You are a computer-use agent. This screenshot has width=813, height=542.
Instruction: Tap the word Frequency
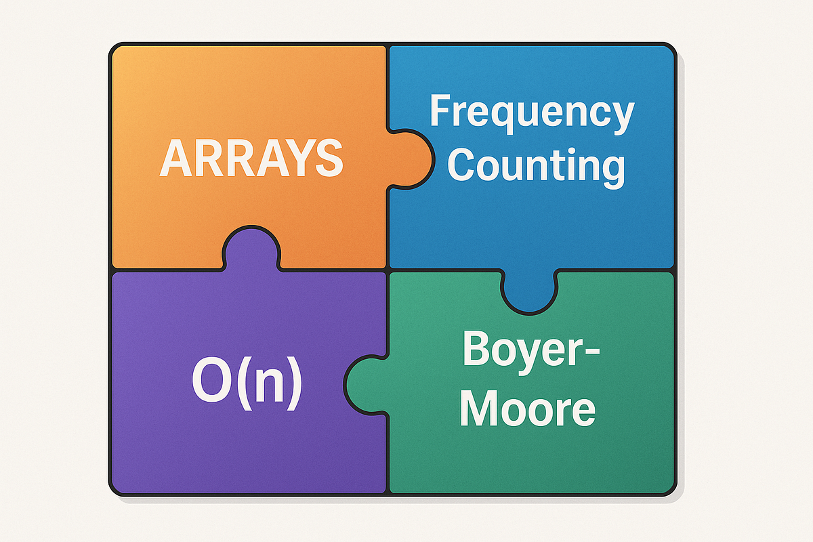(x=532, y=114)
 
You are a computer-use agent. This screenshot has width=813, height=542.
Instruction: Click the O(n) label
(x=247, y=384)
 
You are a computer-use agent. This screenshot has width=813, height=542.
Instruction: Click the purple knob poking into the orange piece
(x=250, y=248)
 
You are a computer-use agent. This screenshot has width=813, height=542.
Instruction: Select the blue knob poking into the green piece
(x=529, y=295)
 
